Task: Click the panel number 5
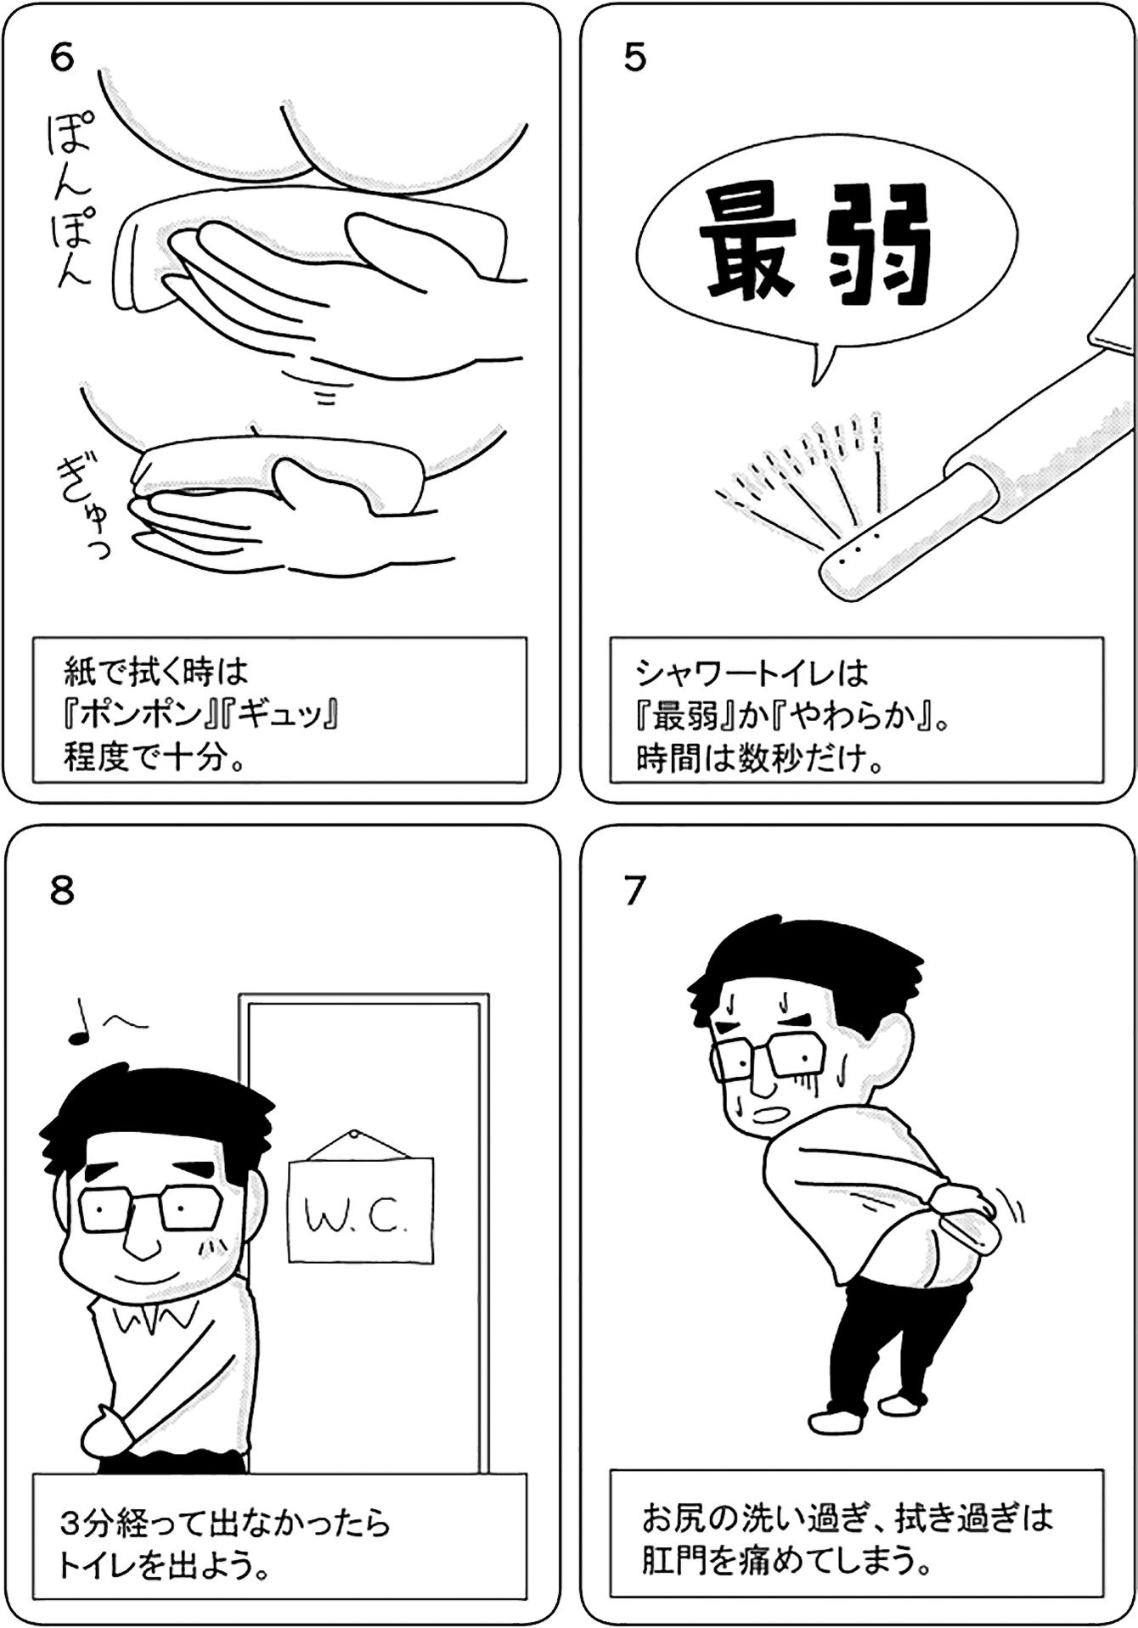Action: pos(634,58)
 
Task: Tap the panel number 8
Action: pos(62,891)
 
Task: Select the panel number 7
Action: pos(634,891)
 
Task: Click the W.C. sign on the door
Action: pos(360,1208)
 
